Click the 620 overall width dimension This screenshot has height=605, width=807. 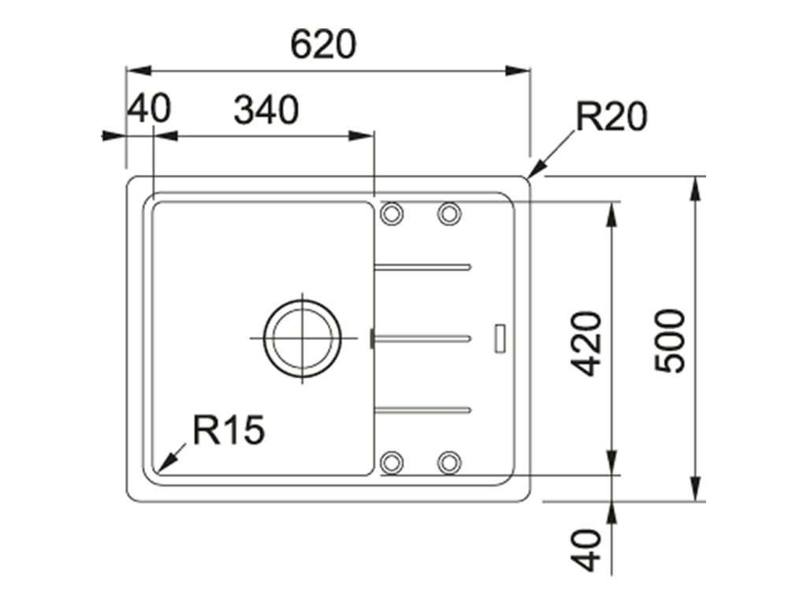pos(323,45)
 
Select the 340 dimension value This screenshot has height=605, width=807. pos(266,110)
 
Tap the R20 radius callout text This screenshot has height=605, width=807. pos(611,117)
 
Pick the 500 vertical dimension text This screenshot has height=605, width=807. pos(671,340)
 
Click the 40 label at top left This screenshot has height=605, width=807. pos(149,108)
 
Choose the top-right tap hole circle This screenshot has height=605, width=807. pos(449,213)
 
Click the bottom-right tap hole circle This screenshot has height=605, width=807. pos(449,462)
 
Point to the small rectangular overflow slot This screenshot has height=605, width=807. pos(500,337)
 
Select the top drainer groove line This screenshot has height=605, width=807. pos(423,266)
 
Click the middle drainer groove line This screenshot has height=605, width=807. pos(423,338)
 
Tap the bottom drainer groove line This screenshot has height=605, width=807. pos(423,409)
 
